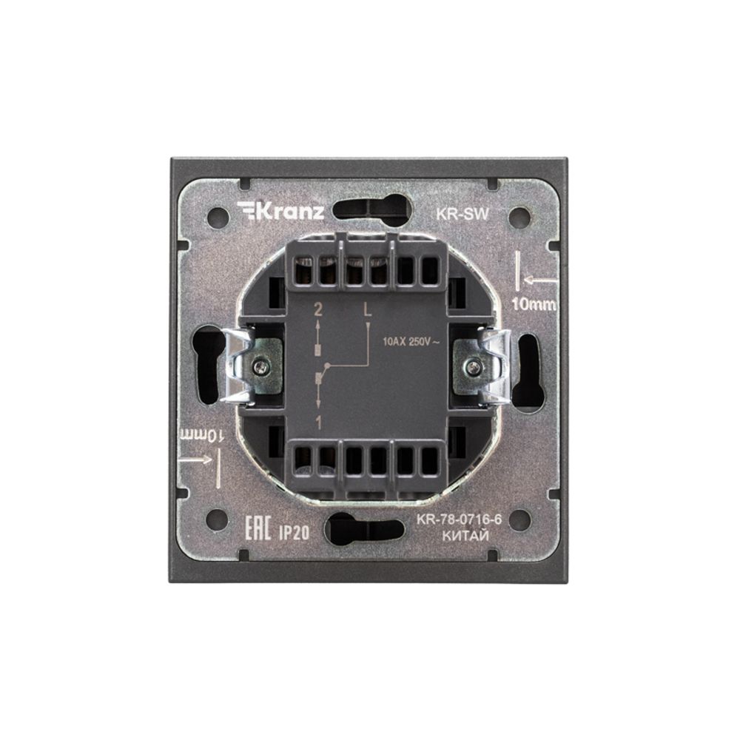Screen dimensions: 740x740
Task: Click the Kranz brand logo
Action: point(280,210)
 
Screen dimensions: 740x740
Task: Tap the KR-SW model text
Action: point(462,214)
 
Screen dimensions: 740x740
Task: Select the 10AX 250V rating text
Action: point(411,342)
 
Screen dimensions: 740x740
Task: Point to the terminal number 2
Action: point(318,310)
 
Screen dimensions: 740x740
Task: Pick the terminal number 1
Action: point(318,423)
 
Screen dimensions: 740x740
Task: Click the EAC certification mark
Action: point(258,528)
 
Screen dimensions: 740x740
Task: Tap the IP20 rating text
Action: point(294,533)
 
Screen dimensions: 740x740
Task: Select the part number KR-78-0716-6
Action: point(458,519)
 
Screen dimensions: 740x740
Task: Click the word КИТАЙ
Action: point(465,536)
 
